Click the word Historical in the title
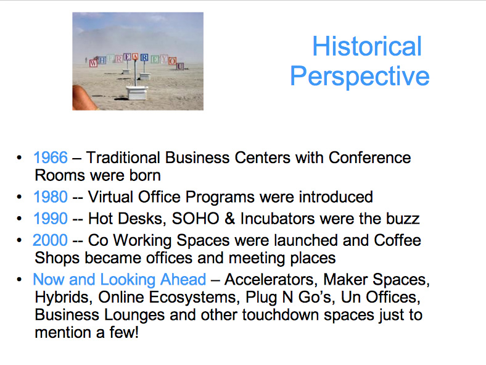click(x=367, y=46)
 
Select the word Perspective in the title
click(x=360, y=77)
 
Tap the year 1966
click(x=50, y=157)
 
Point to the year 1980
click(x=50, y=197)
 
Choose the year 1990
click(x=50, y=219)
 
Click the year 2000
click(x=50, y=240)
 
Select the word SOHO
click(x=196, y=219)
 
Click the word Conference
click(x=370, y=157)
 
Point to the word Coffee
click(x=397, y=240)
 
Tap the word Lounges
click(x=134, y=315)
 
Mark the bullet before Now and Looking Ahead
click(x=19, y=279)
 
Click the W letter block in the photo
click(x=93, y=64)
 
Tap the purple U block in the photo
click(x=180, y=66)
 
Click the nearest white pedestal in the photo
click(x=137, y=93)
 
